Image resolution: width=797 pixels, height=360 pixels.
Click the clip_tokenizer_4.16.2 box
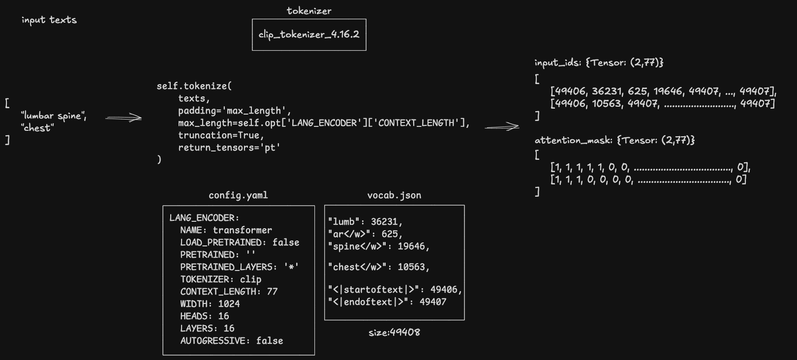(309, 34)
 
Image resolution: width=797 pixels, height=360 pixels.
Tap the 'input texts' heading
(49, 20)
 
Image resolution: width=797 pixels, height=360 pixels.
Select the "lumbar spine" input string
(54, 116)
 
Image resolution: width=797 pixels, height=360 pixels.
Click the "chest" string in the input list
(37, 128)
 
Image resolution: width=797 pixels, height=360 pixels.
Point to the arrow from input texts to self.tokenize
(123, 118)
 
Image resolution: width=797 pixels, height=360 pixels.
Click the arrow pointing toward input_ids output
(502, 127)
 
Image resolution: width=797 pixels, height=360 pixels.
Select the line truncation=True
(221, 135)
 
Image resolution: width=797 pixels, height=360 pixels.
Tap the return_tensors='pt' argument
(229, 148)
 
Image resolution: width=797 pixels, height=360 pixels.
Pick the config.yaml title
(238, 195)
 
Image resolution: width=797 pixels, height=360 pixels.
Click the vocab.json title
(394, 195)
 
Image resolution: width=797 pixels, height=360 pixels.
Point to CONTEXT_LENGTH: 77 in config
(229, 292)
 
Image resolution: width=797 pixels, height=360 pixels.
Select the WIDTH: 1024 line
(210, 304)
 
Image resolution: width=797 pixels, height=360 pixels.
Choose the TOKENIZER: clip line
(220, 279)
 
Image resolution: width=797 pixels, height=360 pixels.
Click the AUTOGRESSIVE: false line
(231, 341)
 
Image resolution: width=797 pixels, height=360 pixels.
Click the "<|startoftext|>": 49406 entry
(395, 290)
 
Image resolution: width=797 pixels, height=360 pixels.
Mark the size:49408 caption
(394, 332)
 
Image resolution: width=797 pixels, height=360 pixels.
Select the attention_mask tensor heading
(614, 141)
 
